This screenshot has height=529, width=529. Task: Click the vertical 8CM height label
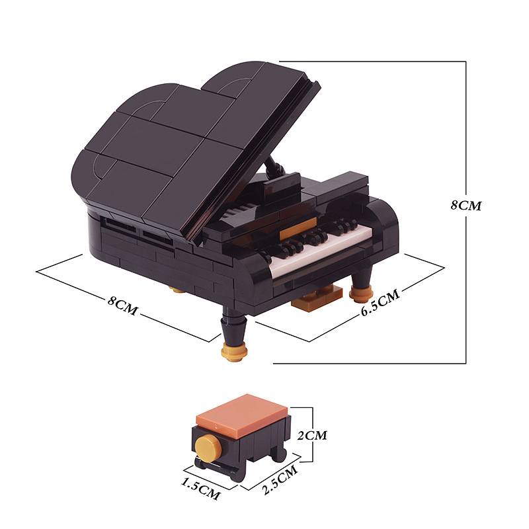click(x=466, y=205)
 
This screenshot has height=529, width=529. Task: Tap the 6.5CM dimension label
click(x=380, y=302)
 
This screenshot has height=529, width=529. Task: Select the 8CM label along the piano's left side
click(x=123, y=305)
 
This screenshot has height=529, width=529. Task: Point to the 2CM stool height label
click(x=312, y=435)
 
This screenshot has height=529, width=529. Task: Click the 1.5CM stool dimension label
click(x=201, y=488)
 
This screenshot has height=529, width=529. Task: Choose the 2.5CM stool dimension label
click(x=280, y=479)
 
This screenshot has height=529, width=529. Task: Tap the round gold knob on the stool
click(x=208, y=448)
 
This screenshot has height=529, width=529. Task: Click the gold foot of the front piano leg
click(x=234, y=352)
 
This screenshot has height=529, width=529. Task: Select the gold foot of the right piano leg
click(x=361, y=294)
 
